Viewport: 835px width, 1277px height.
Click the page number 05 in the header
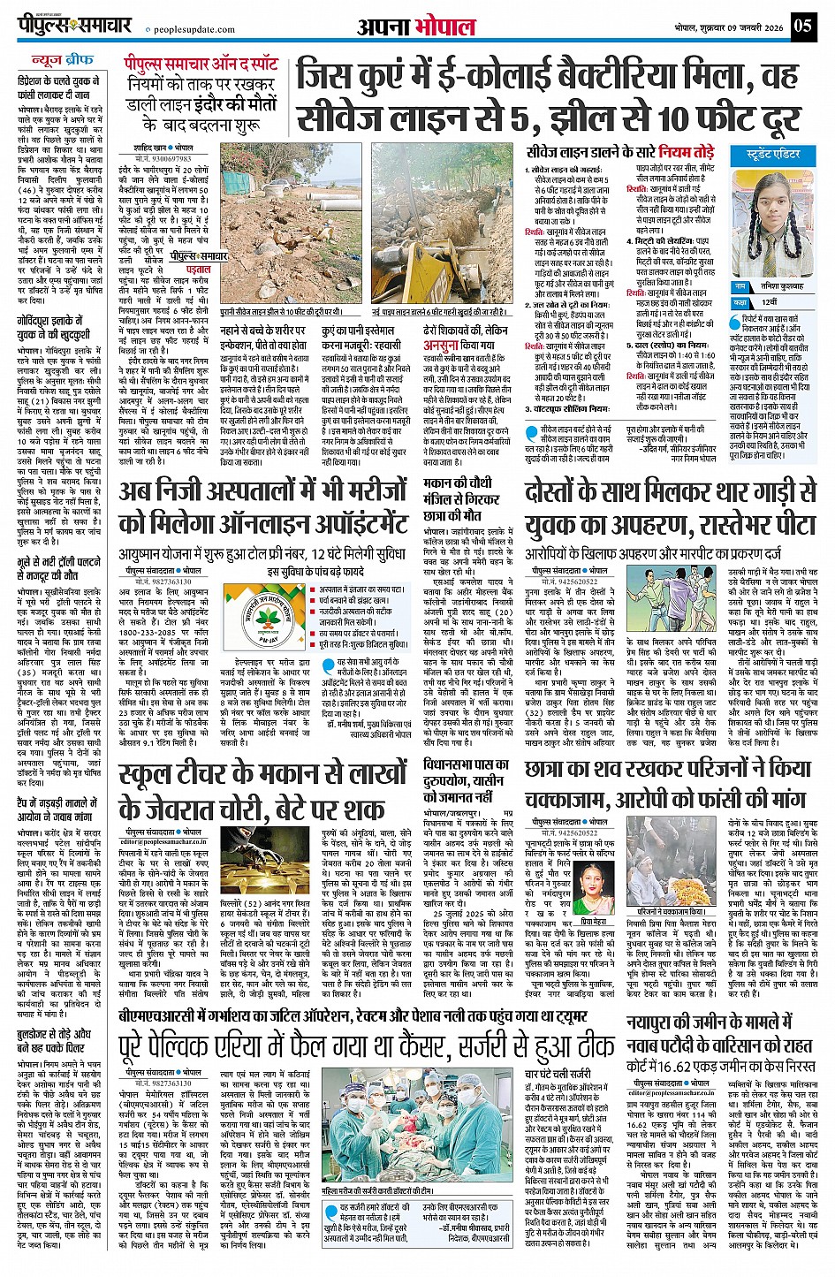(x=802, y=25)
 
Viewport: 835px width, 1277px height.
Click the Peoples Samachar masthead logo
(x=75, y=25)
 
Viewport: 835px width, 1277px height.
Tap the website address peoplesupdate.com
(x=191, y=29)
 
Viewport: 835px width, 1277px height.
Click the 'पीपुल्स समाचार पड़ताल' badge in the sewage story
(x=201, y=262)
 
